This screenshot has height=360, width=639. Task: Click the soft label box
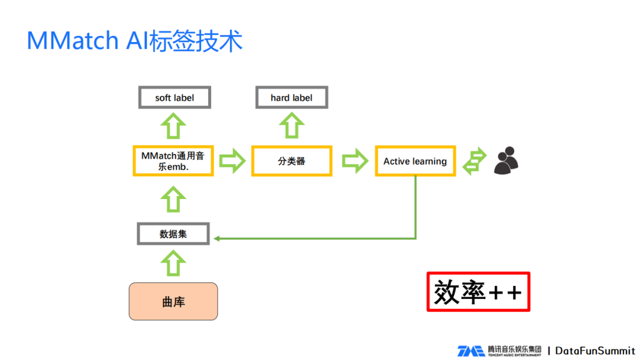pos(175,98)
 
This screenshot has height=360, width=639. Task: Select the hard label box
pos(291,98)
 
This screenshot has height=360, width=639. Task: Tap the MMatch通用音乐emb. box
pos(173,161)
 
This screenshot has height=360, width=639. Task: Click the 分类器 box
pos(292,161)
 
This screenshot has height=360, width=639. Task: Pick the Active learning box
pos(415,161)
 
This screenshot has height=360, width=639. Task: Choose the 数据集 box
pos(173,234)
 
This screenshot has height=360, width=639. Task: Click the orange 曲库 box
pos(173,301)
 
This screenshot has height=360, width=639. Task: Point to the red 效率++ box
pos(478,292)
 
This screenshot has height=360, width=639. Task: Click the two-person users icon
pos(506,160)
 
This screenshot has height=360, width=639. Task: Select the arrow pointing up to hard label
pos(291,126)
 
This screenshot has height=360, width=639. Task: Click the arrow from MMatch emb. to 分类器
pos(232,161)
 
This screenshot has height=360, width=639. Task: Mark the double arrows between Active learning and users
pos(474,161)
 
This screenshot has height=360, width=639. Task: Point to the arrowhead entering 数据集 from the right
pos(217,239)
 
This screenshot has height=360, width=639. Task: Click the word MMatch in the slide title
pos(65,41)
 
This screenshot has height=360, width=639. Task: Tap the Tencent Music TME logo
pos(470,351)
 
